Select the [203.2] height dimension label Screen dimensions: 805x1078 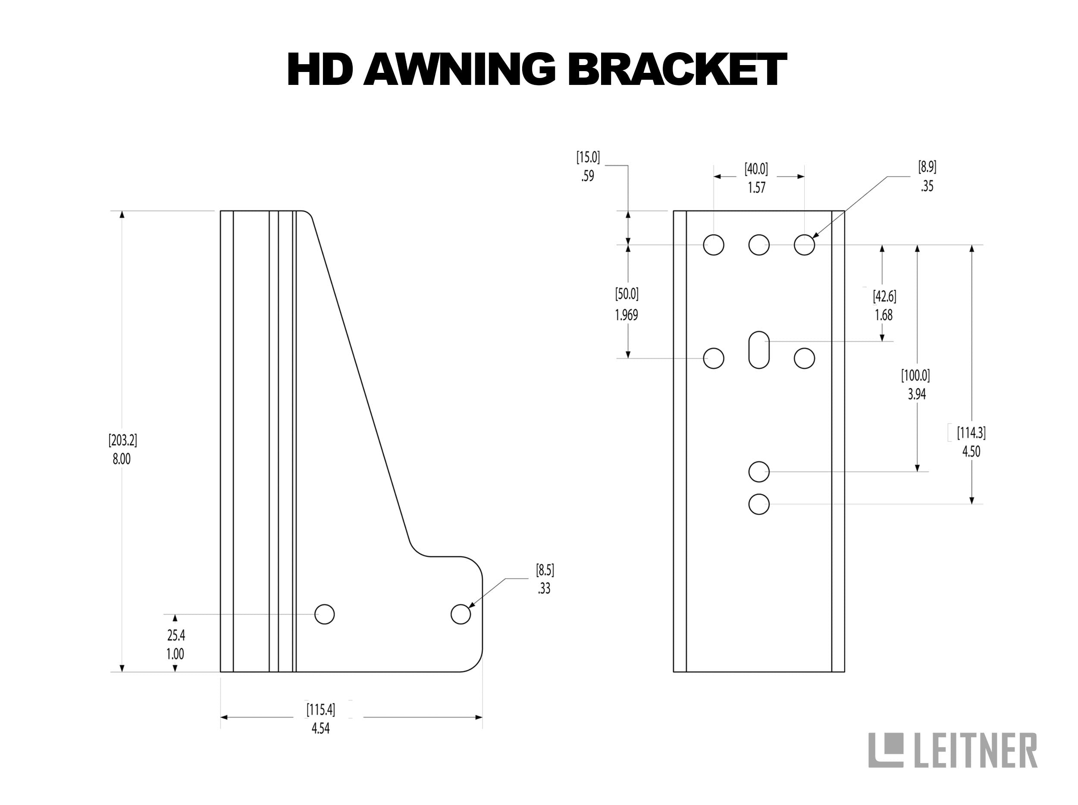pos(122,441)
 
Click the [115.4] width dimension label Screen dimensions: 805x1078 pos(321,710)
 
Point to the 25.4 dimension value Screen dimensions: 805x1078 pos(176,636)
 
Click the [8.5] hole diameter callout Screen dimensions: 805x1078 pos(545,570)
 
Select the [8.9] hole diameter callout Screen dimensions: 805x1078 pos(927,168)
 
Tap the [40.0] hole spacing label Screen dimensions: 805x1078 pos(756,169)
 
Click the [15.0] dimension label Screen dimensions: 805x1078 pos(588,157)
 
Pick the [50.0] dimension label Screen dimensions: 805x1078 pos(627,294)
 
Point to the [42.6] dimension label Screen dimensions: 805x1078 pos(884,296)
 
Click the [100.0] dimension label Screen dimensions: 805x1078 pos(916,376)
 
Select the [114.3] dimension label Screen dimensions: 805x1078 pos(971,432)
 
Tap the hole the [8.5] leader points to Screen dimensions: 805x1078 pos(461,614)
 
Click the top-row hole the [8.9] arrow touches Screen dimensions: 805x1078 pos(804,245)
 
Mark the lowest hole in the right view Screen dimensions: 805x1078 pos(759,504)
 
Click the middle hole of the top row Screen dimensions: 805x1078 pos(759,245)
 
